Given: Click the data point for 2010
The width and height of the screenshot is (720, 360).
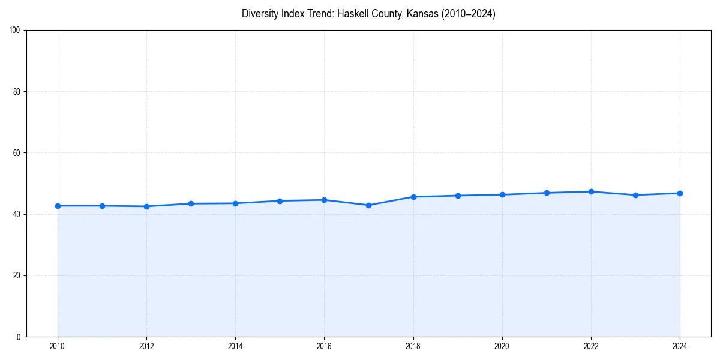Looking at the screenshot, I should tap(58, 206).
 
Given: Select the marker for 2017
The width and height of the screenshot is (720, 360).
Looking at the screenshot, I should tap(368, 205).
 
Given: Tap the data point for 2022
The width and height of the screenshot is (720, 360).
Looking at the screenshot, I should tap(591, 191).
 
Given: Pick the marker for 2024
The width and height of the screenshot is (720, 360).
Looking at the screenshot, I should tap(680, 193).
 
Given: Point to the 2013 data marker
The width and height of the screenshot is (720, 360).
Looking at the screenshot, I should tap(191, 203).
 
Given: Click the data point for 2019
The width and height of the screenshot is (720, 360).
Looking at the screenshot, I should tap(458, 196).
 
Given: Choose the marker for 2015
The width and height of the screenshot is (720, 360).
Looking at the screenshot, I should tap(280, 201).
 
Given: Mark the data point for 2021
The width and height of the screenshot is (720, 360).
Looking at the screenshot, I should tap(547, 193).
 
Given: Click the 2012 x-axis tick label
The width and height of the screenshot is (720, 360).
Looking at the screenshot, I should tap(146, 346).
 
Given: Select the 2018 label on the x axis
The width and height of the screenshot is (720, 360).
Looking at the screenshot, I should tap(413, 346).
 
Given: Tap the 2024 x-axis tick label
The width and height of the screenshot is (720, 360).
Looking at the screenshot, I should tap(680, 346).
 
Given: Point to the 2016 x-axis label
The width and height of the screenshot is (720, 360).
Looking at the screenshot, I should tap(324, 346).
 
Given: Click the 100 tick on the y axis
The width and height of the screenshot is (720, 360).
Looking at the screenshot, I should tap(15, 31).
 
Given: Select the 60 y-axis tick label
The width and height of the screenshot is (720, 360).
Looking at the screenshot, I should tap(17, 153).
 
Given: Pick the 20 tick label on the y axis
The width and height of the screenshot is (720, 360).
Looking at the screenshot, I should tap(17, 275).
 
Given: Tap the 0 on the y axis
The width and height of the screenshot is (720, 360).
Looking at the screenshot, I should tap(19, 337).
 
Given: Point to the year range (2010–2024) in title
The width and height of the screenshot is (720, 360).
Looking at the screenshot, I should tap(468, 14).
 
